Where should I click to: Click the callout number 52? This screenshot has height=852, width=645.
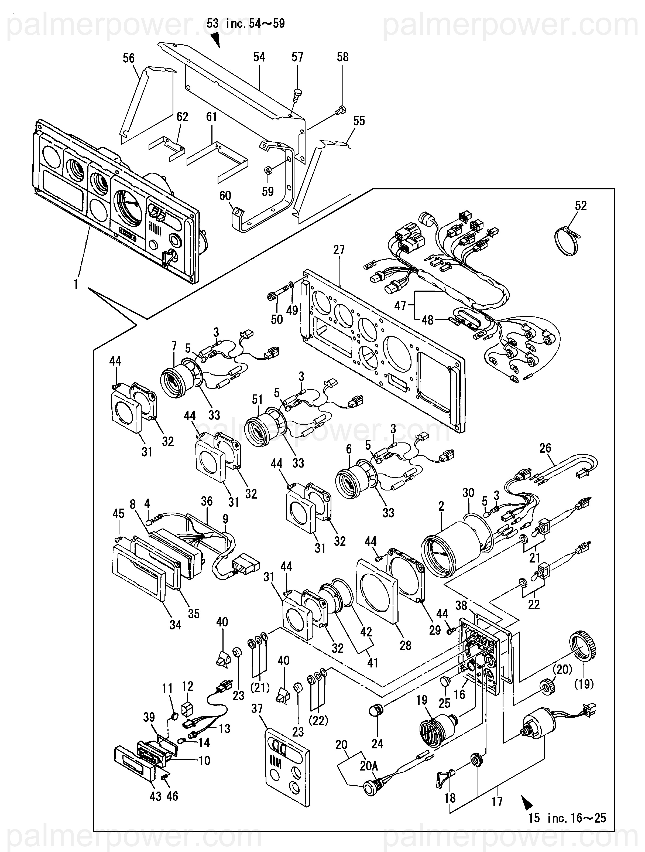581,205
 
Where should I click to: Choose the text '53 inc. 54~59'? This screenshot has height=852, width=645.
246,24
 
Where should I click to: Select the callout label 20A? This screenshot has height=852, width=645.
369,766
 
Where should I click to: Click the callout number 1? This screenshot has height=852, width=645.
76,284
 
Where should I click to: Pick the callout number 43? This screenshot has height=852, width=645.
155,796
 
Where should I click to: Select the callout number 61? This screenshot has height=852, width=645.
211,117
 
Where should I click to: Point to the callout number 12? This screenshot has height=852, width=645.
187,686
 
